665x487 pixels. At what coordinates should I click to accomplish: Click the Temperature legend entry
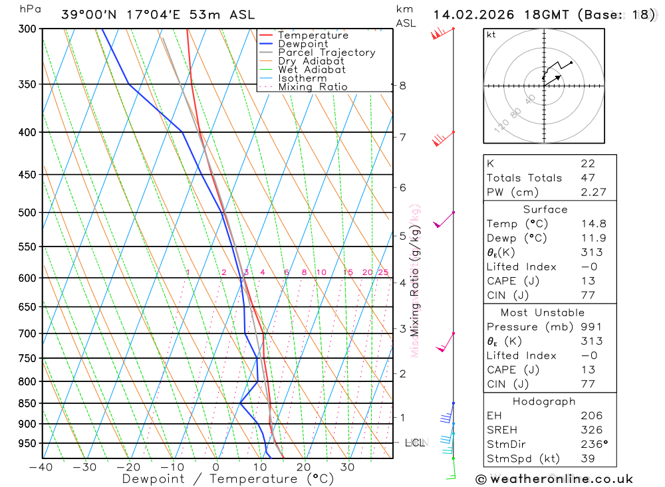coord(313,35)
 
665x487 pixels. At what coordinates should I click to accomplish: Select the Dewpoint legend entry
coord(303,44)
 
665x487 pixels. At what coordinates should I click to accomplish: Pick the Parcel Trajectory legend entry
coord(327,52)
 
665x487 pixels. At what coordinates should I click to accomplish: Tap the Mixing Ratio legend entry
coord(313,86)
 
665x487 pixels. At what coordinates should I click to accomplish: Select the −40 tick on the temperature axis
coord(41,467)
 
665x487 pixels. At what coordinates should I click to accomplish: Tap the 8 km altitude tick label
coord(403,85)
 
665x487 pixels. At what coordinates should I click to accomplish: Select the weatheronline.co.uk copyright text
coord(554,479)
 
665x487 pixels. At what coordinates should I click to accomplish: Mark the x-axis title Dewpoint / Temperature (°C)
coord(219,478)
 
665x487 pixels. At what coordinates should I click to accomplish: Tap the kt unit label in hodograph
coord(491,35)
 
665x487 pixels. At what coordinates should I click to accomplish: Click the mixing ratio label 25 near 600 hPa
coord(383,272)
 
